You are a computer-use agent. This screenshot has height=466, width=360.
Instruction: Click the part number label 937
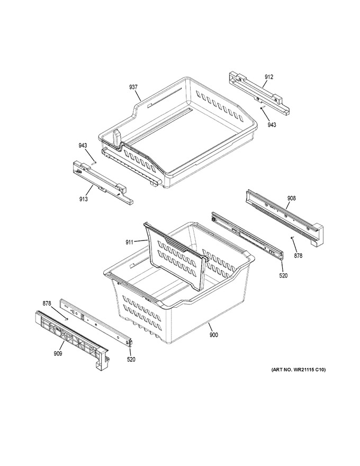[x=133, y=87]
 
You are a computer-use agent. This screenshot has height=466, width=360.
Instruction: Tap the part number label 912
[x=269, y=77]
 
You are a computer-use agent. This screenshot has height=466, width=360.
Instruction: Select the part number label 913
[x=84, y=199]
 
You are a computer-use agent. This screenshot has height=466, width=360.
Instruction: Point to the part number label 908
[x=291, y=198]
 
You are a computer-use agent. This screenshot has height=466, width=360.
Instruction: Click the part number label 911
[x=129, y=242]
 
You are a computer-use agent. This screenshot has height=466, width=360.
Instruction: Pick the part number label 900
[x=213, y=335]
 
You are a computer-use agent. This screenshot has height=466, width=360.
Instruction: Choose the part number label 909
[x=58, y=353]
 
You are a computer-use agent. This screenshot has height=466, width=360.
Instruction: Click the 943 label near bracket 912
[x=272, y=124]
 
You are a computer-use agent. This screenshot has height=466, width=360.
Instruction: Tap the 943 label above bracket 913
[x=83, y=145]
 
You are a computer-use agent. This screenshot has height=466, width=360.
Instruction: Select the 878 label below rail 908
[x=298, y=255]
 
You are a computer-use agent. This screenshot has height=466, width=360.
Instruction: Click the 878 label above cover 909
[x=47, y=303]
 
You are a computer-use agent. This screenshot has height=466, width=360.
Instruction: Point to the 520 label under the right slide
[x=283, y=275]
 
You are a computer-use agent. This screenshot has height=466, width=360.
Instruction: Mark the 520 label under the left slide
[x=131, y=360]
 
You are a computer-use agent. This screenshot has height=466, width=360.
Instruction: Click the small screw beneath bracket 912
[x=262, y=107]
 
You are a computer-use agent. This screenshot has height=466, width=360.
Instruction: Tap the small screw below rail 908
[x=292, y=237]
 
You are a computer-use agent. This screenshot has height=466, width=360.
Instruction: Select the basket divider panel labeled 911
[x=176, y=256]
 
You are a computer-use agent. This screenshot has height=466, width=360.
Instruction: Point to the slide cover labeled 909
[x=72, y=339]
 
